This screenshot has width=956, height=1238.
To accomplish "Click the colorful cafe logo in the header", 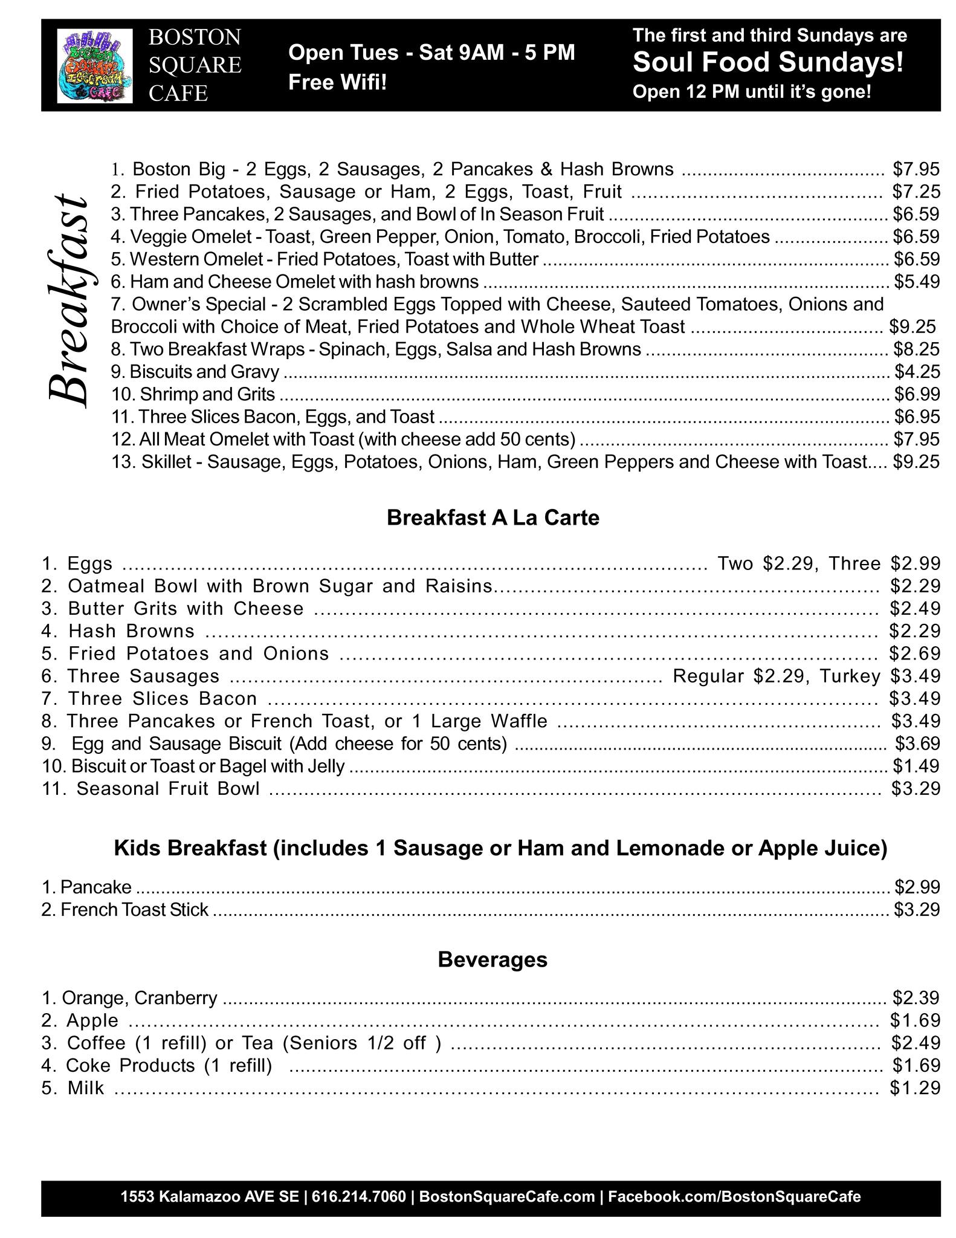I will pyautogui.click(x=94, y=65).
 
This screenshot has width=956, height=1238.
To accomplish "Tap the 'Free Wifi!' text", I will pyautogui.click(x=337, y=82).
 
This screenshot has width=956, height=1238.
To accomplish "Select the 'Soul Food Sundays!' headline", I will pyautogui.click(x=768, y=62).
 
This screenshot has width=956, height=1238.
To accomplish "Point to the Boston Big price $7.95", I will pyautogui.click(x=916, y=169).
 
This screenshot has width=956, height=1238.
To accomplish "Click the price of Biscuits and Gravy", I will pyautogui.click(x=917, y=371).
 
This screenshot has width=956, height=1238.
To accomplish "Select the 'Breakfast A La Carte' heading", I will pyautogui.click(x=493, y=518).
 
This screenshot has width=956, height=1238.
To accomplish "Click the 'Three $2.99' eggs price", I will pyautogui.click(x=885, y=563).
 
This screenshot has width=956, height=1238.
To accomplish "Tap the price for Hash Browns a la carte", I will pyautogui.click(x=915, y=631).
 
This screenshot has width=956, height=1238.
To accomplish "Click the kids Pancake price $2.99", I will pyautogui.click(x=917, y=887).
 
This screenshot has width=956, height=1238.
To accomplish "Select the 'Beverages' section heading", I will pyautogui.click(x=493, y=960).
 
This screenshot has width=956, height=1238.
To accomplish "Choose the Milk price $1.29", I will pyautogui.click(x=915, y=1087).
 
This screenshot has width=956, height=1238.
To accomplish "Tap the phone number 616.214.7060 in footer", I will pyautogui.click(x=359, y=1196).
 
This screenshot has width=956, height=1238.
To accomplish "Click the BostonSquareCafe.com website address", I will pyautogui.click(x=506, y=1196).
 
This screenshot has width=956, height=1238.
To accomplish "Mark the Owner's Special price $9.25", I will pyautogui.click(x=912, y=326).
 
